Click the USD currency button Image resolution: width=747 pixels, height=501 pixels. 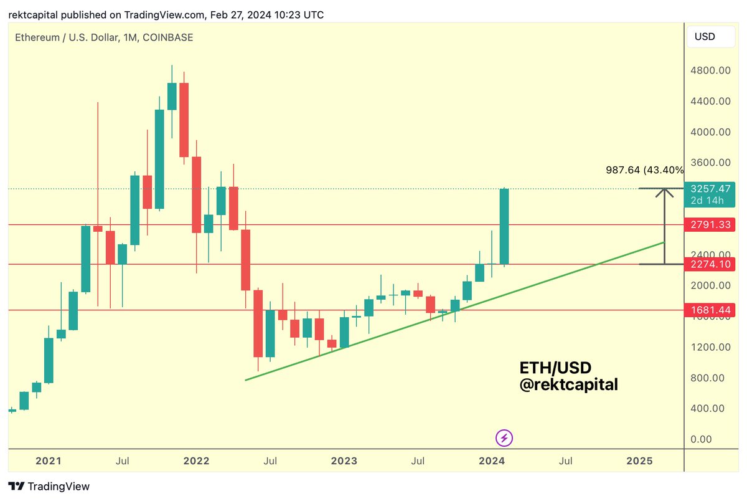point(705,37)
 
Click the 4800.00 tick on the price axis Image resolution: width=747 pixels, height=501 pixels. point(710,70)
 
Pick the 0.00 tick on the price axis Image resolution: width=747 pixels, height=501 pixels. point(702,439)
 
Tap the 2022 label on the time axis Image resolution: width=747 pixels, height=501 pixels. point(197,461)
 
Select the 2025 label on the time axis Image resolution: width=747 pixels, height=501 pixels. point(639,461)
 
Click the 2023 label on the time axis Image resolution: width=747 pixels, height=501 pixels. point(344,461)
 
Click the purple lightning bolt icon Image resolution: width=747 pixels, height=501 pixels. point(504,438)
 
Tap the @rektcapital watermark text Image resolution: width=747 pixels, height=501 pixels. point(569,385)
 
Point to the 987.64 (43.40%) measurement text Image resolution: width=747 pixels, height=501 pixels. point(644,169)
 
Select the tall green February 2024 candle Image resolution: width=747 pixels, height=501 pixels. point(504,226)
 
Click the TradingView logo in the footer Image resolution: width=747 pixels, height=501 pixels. point(49,487)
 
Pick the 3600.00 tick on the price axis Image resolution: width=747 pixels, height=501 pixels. point(710,163)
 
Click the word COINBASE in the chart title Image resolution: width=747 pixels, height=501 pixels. point(168,37)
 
